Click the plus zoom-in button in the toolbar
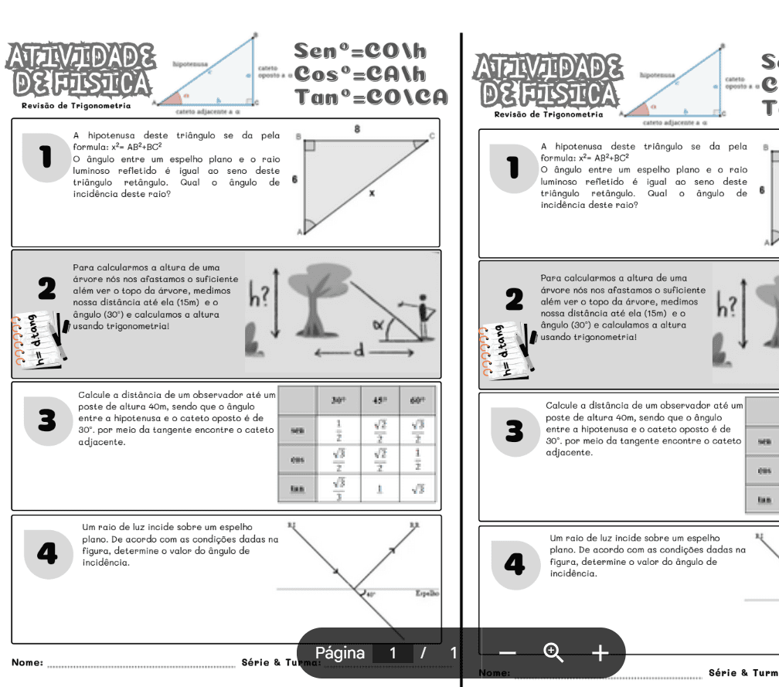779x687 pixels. tap(600, 653)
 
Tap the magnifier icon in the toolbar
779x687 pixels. tap(553, 653)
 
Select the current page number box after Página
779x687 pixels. tap(393, 653)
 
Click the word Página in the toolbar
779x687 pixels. tap(340, 653)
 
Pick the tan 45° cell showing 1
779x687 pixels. tap(380, 488)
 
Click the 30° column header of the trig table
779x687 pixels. tap(338, 401)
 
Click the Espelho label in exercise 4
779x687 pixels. tap(427, 594)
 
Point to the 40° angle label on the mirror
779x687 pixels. tap(370, 595)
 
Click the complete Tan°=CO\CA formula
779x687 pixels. tap(370, 96)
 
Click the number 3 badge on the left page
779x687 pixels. tap(48, 421)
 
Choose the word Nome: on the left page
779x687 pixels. tap(27, 662)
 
